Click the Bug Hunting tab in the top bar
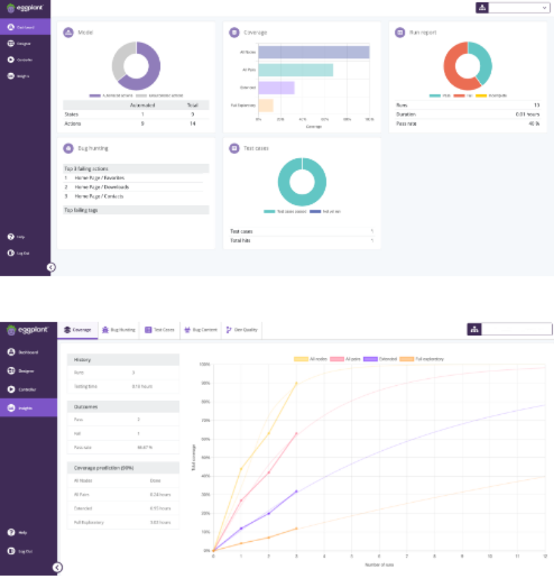(x=118, y=330)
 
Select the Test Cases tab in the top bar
(x=159, y=330)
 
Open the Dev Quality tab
(x=243, y=330)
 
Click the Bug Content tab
(x=200, y=330)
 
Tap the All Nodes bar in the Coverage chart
(x=314, y=52)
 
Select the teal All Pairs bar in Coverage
(x=295, y=70)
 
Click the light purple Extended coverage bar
(x=276, y=88)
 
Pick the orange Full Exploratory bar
(x=266, y=105)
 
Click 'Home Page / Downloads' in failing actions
(x=102, y=187)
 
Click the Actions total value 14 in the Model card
(x=193, y=124)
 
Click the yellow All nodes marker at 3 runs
(x=296, y=383)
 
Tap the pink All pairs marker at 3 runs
(x=296, y=433)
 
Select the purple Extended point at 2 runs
(x=269, y=513)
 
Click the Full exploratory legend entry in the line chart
(x=429, y=358)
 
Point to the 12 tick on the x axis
(x=545, y=557)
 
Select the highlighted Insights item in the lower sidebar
(x=25, y=408)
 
